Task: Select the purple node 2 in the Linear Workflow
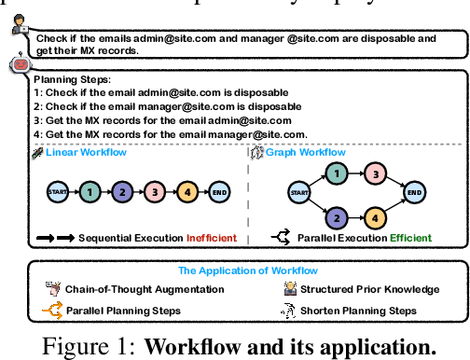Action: click(x=121, y=193)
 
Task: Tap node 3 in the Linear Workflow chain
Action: click(x=154, y=193)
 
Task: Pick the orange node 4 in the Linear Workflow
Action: click(x=187, y=193)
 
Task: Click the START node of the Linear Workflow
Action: click(x=55, y=193)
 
